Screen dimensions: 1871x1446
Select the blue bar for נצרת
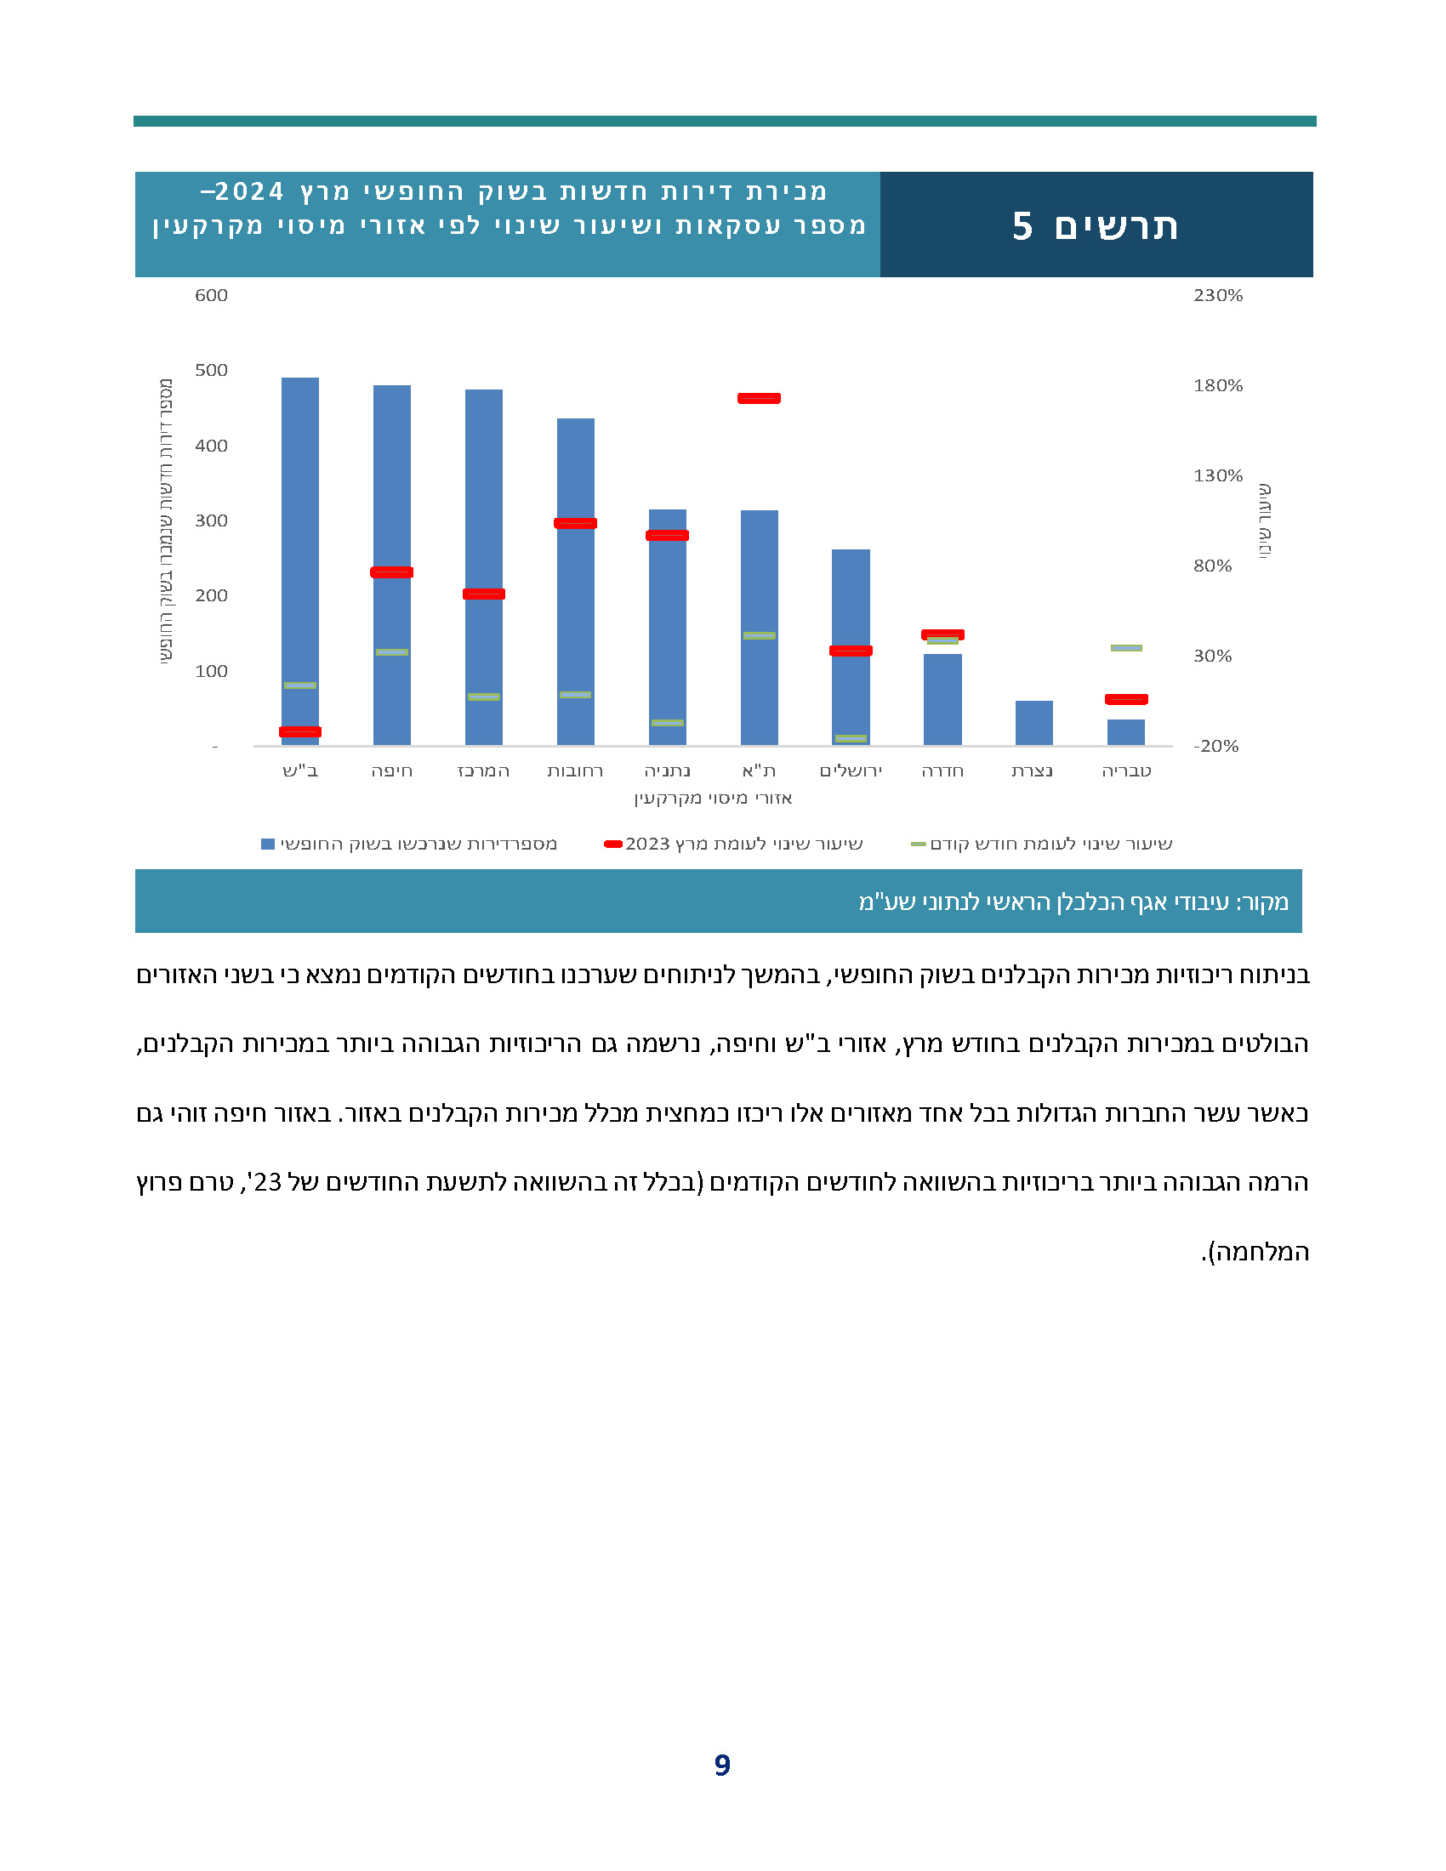pos(1034,723)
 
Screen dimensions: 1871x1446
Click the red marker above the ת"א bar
pos(759,398)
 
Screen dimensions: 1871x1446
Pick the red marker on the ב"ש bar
pos(299,731)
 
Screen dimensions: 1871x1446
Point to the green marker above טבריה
pos(1125,648)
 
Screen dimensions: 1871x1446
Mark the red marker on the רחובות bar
pos(575,523)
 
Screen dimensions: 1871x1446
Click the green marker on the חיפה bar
pos(391,653)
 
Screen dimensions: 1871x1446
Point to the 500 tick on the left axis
pos(211,370)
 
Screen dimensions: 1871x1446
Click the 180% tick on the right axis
pos(1217,385)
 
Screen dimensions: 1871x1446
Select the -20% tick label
pos(1215,746)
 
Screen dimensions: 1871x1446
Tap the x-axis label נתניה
pos(668,771)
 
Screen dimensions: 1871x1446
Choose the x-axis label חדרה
pos(942,771)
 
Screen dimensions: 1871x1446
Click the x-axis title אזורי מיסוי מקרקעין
pos(713,799)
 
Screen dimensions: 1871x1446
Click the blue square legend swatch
pos(268,845)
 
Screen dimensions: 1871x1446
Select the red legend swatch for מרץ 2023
pos(613,845)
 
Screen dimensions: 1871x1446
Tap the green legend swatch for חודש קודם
pos(919,845)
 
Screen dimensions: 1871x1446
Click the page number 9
pos(722,1766)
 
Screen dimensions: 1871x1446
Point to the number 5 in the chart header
pos(1022,226)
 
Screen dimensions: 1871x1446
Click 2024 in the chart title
pos(249,191)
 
